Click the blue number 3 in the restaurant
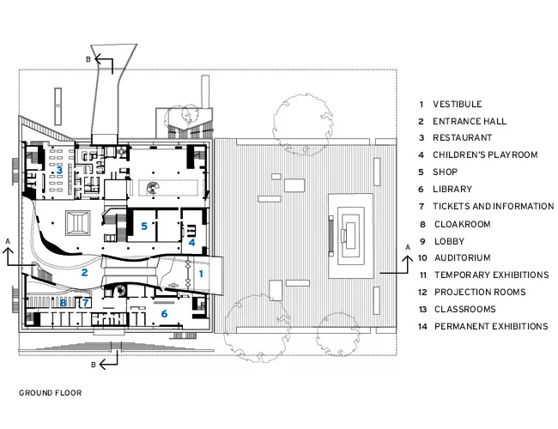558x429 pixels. [x=59, y=170]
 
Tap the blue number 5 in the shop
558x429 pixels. [x=144, y=227]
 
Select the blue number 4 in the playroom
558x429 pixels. [x=191, y=243]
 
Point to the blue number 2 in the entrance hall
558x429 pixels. [x=84, y=273]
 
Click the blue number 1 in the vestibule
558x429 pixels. [x=201, y=274]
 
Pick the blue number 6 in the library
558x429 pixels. [x=164, y=313]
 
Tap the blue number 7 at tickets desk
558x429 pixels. [x=85, y=303]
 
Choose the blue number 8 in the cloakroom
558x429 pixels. [x=64, y=303]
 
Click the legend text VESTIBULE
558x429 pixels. [x=458, y=104]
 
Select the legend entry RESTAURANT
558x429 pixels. [x=462, y=137]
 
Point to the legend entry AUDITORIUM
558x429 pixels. [x=463, y=257]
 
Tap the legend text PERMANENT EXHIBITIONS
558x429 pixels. [x=491, y=326]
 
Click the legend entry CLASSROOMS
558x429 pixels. [x=465, y=309]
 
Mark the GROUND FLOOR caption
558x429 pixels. [x=51, y=393]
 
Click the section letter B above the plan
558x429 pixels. [x=88, y=59]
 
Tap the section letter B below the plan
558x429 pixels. [x=94, y=365]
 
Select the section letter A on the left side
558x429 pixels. [x=8, y=242]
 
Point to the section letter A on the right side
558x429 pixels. [x=408, y=247]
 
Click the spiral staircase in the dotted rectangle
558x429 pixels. [x=154, y=188]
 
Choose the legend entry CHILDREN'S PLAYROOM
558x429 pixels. [x=485, y=154]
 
